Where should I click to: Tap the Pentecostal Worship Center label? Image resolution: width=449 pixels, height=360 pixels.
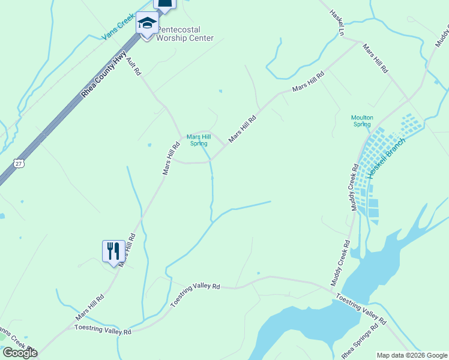click(185, 34)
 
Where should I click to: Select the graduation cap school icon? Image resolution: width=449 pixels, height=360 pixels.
click(146, 24)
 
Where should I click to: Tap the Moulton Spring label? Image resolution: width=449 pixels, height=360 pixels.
click(362, 121)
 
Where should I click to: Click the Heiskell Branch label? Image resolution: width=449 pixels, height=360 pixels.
click(387, 157)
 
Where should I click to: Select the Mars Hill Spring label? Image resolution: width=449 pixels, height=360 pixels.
click(197, 140)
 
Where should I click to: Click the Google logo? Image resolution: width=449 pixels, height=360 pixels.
click(19, 352)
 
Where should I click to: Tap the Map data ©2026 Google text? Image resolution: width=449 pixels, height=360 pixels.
click(412, 355)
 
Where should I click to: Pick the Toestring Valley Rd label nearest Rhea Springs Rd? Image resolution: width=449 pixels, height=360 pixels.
click(360, 307)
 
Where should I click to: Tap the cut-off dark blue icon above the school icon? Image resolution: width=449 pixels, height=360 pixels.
click(165, 4)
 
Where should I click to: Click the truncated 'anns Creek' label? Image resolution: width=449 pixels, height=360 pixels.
click(16, 339)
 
